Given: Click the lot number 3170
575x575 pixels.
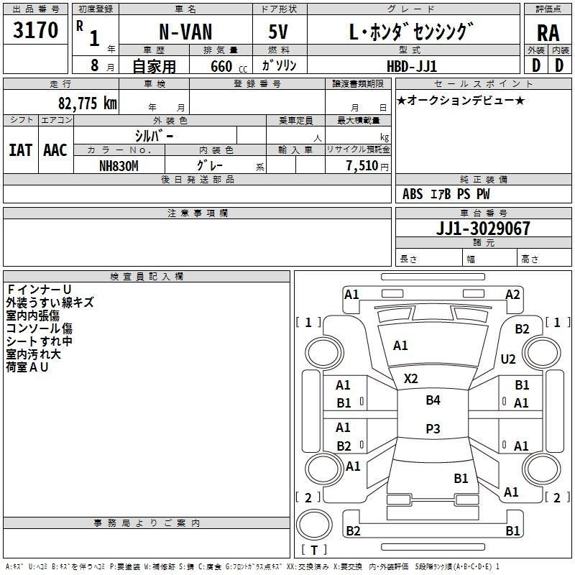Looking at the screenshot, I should (x=35, y=30).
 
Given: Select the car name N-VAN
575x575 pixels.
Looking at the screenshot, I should (x=185, y=32).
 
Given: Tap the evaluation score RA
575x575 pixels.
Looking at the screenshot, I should (x=548, y=32).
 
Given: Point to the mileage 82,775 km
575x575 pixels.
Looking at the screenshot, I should (x=87, y=103).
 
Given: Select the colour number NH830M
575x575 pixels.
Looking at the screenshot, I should (x=119, y=165).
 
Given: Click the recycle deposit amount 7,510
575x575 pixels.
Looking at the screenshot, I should (x=362, y=166).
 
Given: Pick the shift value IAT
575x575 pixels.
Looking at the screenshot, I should (x=20, y=149).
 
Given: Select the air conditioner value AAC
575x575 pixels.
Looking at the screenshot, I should (x=55, y=149).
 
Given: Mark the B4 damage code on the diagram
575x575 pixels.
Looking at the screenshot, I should (x=433, y=400).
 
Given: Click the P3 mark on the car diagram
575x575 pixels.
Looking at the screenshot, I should (x=433, y=428).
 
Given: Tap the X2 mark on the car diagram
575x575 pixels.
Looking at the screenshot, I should (x=411, y=378).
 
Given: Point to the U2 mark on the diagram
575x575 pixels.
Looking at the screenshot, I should (x=508, y=359).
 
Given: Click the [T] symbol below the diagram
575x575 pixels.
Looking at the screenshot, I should (x=313, y=550).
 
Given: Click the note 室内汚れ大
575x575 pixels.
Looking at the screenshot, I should (x=34, y=354).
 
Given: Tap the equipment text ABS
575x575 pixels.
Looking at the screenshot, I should (x=413, y=194).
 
